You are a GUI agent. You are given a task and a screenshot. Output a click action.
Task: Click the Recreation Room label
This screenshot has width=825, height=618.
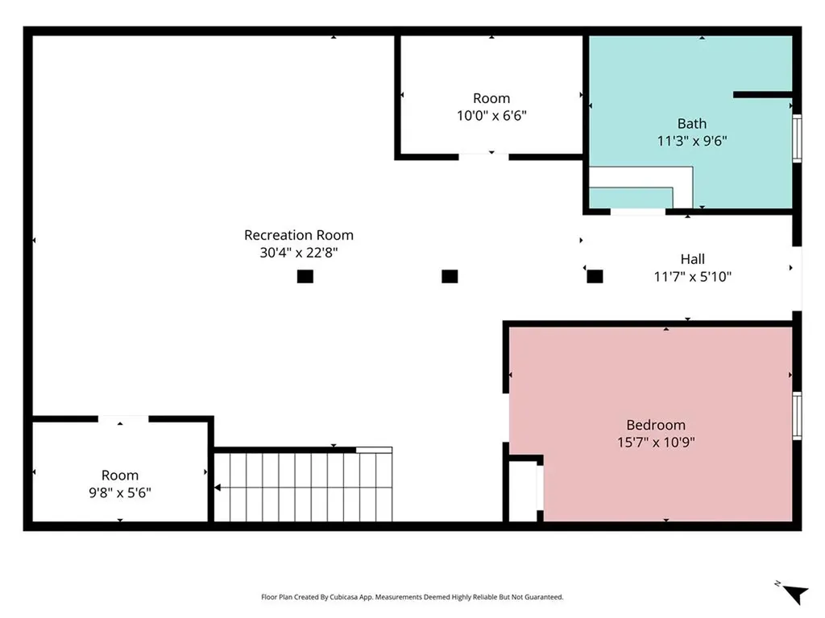(298, 235)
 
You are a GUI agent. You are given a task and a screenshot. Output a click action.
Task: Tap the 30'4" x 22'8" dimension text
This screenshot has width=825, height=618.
(298, 253)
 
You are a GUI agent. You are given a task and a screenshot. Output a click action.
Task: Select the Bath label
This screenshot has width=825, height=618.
(691, 123)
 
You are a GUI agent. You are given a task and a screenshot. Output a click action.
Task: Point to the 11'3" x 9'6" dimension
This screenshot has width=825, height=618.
(691, 141)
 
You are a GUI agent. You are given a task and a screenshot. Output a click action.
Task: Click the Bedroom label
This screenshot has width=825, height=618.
(656, 425)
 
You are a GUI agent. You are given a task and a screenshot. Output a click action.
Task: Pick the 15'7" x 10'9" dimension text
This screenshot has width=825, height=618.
(656, 442)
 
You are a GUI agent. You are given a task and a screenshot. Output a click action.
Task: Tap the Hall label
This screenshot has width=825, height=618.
(692, 259)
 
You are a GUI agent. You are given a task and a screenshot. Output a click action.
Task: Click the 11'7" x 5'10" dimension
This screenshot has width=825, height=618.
(692, 277)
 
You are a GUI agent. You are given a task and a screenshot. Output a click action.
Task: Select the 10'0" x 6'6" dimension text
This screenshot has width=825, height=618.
(491, 116)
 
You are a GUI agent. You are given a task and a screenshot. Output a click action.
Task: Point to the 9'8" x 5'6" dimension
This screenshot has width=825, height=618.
(120, 492)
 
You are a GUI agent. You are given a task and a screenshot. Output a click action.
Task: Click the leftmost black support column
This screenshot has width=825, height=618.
(305, 277)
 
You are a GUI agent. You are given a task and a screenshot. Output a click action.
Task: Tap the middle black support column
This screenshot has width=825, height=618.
(450, 277)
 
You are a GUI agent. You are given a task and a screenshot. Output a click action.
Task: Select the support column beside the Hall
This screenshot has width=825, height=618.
(595, 277)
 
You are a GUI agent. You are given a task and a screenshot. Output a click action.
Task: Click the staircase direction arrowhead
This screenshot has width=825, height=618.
(218, 488)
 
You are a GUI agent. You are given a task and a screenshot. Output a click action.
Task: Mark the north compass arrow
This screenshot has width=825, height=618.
(795, 595)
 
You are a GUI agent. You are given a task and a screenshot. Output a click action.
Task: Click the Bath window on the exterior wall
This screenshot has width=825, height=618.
(797, 138)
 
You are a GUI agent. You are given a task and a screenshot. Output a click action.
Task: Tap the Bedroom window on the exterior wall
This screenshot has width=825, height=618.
(797, 416)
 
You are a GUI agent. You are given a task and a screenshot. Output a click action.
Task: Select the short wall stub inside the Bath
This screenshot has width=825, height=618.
(763, 95)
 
